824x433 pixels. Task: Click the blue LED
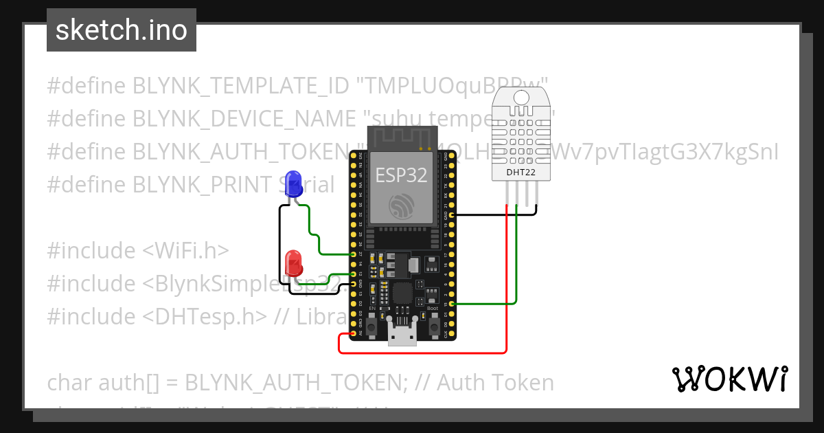(293, 184)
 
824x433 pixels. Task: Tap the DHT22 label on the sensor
(520, 172)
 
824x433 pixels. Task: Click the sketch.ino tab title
(122, 30)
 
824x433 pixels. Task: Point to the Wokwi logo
(729, 379)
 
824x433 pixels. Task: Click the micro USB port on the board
(402, 336)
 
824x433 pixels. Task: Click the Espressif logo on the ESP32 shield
(401, 206)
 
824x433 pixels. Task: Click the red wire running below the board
(422, 353)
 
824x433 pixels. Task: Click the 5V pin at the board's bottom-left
(354, 333)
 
